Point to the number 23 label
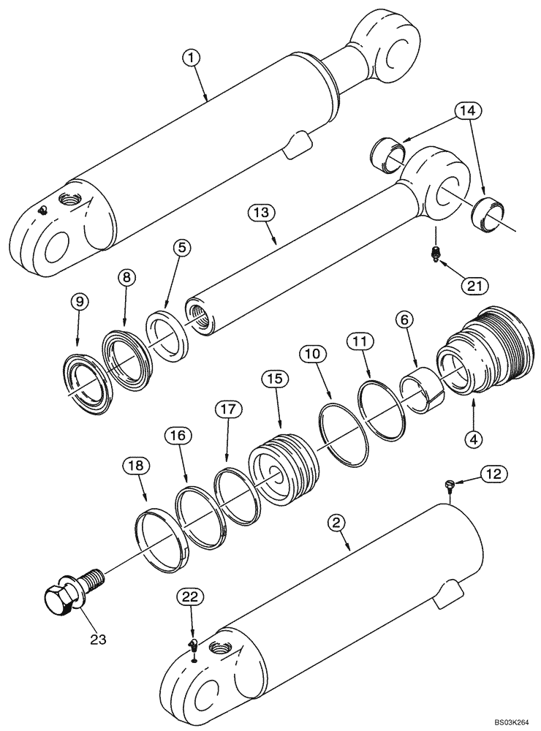pos(98,639)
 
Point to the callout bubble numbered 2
pos(338,523)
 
